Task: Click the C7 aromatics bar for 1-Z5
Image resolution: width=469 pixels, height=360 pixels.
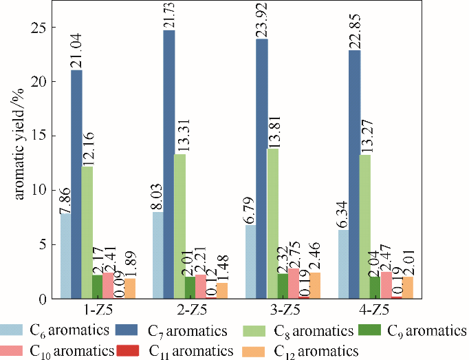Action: tap(76, 184)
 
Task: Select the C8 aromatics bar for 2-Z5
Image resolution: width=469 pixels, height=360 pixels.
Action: tap(179, 226)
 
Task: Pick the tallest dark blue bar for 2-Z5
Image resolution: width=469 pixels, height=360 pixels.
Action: tap(168, 165)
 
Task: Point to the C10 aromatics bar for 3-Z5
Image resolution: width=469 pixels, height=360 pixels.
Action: tap(293, 284)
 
